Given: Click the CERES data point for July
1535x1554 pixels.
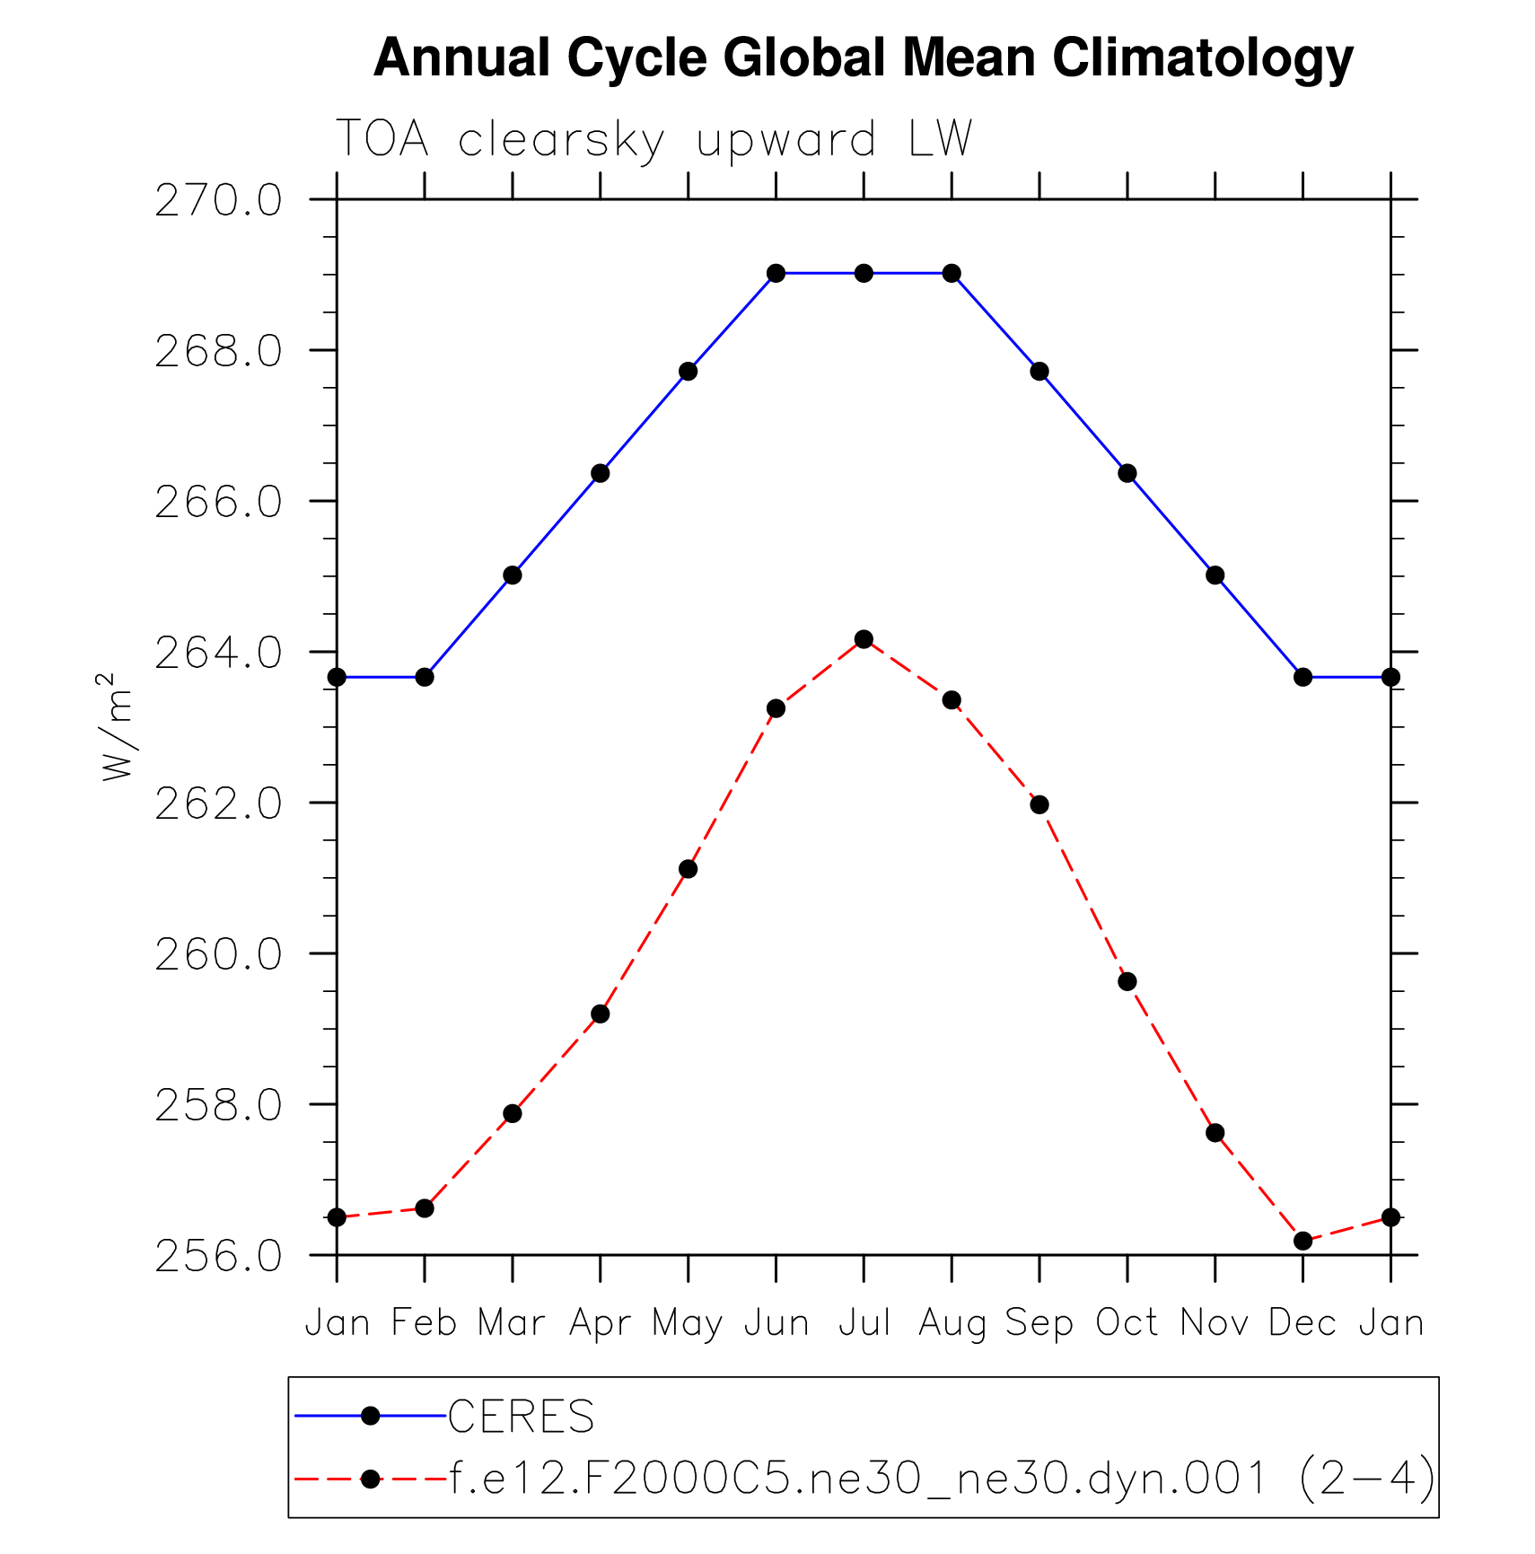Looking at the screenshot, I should [x=864, y=273].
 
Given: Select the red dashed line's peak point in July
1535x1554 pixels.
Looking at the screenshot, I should [x=864, y=639].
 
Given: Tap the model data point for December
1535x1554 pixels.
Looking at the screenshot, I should [x=1303, y=1241].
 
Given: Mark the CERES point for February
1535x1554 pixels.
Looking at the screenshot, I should [x=425, y=677].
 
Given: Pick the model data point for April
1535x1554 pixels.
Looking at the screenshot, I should [x=601, y=1014].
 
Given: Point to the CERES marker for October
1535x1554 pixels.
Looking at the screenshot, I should [x=1127, y=473].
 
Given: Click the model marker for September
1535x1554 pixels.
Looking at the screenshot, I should [x=1039, y=804].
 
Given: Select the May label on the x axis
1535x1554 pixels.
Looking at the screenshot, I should [x=688, y=1324].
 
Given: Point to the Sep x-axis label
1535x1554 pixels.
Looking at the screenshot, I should [x=1039, y=1324].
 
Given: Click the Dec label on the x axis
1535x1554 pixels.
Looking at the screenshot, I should [x=1303, y=1322].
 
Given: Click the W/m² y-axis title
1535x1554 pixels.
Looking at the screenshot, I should [x=117, y=727].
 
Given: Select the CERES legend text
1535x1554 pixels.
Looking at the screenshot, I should [x=521, y=1417].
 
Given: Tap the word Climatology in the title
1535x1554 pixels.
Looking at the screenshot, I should [x=1202, y=58].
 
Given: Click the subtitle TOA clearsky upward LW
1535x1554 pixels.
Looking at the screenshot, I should [x=653, y=140].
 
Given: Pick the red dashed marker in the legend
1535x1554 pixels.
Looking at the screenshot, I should [x=370, y=1479].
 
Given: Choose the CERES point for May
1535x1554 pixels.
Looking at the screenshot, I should [x=688, y=372].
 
